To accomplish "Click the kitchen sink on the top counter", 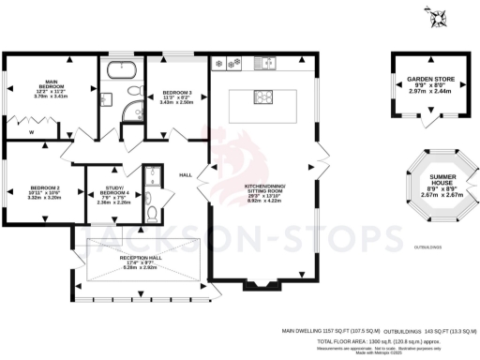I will pos(267,64).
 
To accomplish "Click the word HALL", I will pos(186,175).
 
